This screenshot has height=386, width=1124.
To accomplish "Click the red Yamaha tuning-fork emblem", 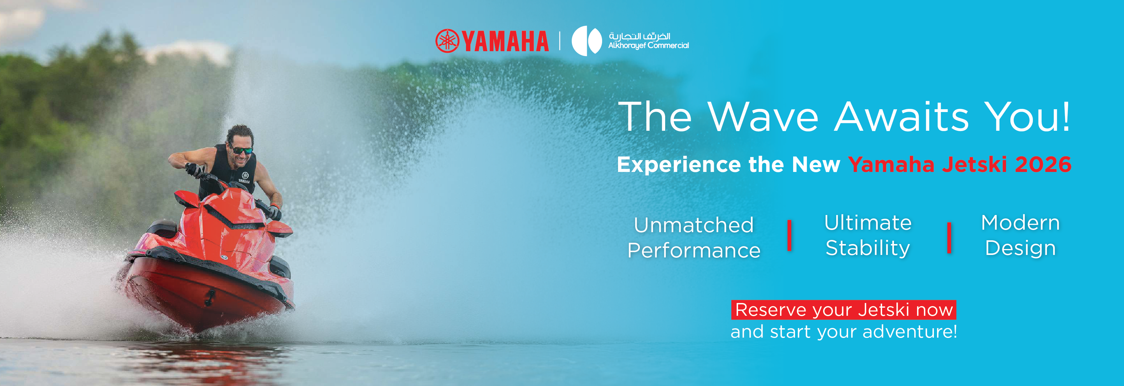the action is coord(447,41).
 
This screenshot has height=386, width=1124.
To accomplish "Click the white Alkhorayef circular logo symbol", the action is coord(587,41).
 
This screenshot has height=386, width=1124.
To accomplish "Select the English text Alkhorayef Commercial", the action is coord(648,45).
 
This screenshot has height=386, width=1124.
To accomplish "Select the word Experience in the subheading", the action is coord(679,165).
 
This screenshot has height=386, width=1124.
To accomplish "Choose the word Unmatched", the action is coord(694,225).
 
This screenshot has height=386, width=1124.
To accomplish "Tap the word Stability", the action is coord(868,248).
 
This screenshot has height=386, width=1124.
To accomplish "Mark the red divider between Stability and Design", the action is coord(949,238).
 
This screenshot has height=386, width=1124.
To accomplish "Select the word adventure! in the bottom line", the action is coord(910,331).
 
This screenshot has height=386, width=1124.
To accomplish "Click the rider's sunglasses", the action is coord(242,150).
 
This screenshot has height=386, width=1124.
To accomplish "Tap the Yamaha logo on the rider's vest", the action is coord(244,178).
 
